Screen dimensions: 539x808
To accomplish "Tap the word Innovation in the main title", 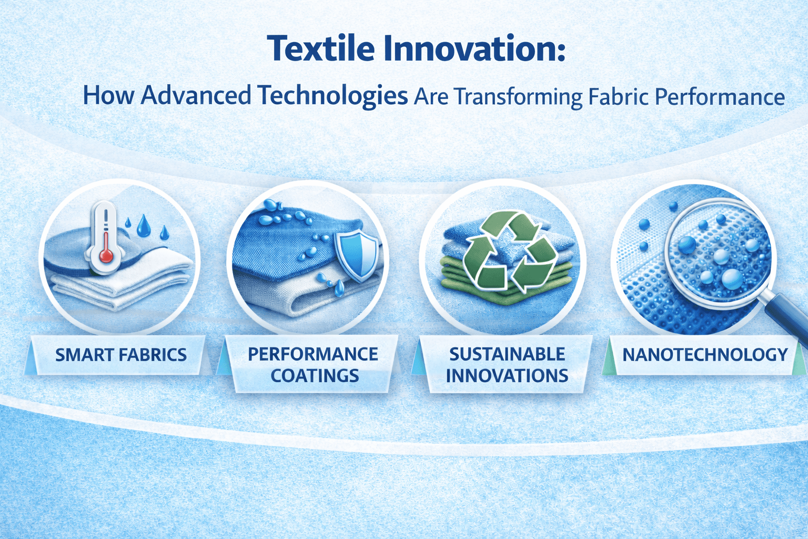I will (473, 48).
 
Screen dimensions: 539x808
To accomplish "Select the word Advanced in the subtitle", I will (196, 96).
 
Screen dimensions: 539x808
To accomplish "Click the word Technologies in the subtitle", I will (333, 96).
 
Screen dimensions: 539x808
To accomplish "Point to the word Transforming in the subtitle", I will (518, 97).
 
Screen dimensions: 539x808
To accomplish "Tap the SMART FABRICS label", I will (121, 355).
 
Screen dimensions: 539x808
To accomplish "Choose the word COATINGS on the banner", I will (315, 376).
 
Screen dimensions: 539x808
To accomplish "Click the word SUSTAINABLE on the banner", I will (507, 354).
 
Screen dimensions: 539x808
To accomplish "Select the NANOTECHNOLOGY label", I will (705, 354).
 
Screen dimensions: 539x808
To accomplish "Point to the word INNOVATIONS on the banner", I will (507, 376).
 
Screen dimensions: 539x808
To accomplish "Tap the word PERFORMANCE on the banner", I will (313, 354).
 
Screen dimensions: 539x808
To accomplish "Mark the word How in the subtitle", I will (109, 96).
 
